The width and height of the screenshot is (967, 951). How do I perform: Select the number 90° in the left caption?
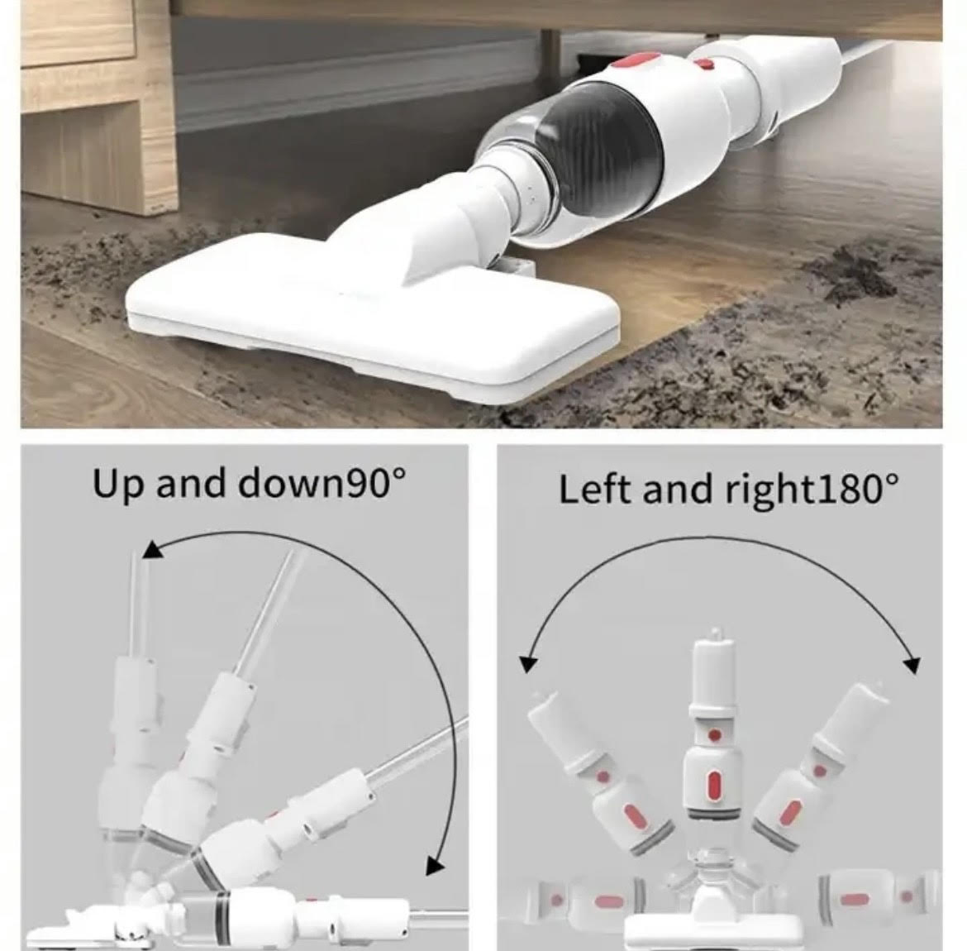click(x=369, y=483)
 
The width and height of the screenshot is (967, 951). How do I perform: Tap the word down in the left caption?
click(x=284, y=483)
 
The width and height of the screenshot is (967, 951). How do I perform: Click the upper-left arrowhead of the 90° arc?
click(x=152, y=550)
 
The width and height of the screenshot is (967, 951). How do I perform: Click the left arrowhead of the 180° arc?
click(x=528, y=663)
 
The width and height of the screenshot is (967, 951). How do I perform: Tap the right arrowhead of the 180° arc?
click(x=912, y=665)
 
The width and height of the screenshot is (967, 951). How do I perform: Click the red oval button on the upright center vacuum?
click(x=714, y=785)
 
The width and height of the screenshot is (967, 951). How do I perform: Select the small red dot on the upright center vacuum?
click(x=715, y=736)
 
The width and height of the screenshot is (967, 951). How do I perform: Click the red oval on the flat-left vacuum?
click(x=609, y=902)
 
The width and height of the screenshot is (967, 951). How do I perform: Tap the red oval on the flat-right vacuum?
click(x=855, y=900)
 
